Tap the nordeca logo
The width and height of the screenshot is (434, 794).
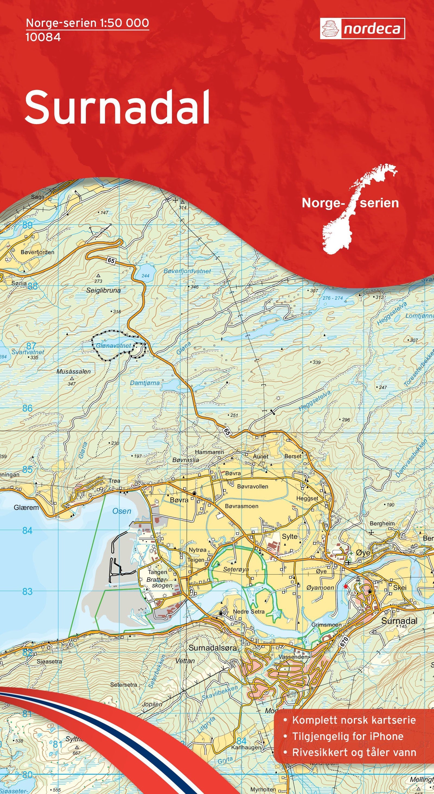point(362,29)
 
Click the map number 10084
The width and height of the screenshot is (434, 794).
point(43,37)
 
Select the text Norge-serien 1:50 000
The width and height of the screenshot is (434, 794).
point(88,23)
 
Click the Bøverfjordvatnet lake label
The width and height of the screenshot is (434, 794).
point(187,271)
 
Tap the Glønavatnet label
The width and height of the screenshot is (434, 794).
point(113,346)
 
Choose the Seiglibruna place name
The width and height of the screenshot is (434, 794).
point(103,290)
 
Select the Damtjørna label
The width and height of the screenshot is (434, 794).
point(145,383)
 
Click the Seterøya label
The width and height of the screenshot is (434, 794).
point(236,569)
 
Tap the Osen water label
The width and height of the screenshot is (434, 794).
point(122,511)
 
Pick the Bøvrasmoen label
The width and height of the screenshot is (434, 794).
point(242,506)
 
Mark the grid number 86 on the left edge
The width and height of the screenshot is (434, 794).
point(27,408)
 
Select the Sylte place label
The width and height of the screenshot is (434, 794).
point(290,536)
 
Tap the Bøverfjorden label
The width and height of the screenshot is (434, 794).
point(37,252)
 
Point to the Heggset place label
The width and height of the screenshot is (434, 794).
point(307,498)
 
